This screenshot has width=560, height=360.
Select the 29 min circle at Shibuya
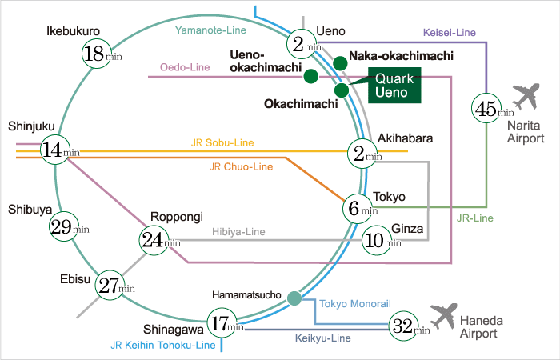[64, 226]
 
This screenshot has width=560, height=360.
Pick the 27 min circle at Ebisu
[111, 285]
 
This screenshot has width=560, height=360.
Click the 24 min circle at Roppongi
[155, 239]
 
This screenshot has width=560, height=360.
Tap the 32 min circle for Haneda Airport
[405, 325]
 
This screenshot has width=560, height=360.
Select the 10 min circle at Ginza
[378, 239]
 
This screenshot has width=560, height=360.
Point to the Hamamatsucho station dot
[294, 298]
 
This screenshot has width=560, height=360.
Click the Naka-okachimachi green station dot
[339, 62]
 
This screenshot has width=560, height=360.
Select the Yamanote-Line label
[210, 30]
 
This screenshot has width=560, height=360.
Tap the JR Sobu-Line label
[222, 142]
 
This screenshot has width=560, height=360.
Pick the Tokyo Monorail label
[354, 304]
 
